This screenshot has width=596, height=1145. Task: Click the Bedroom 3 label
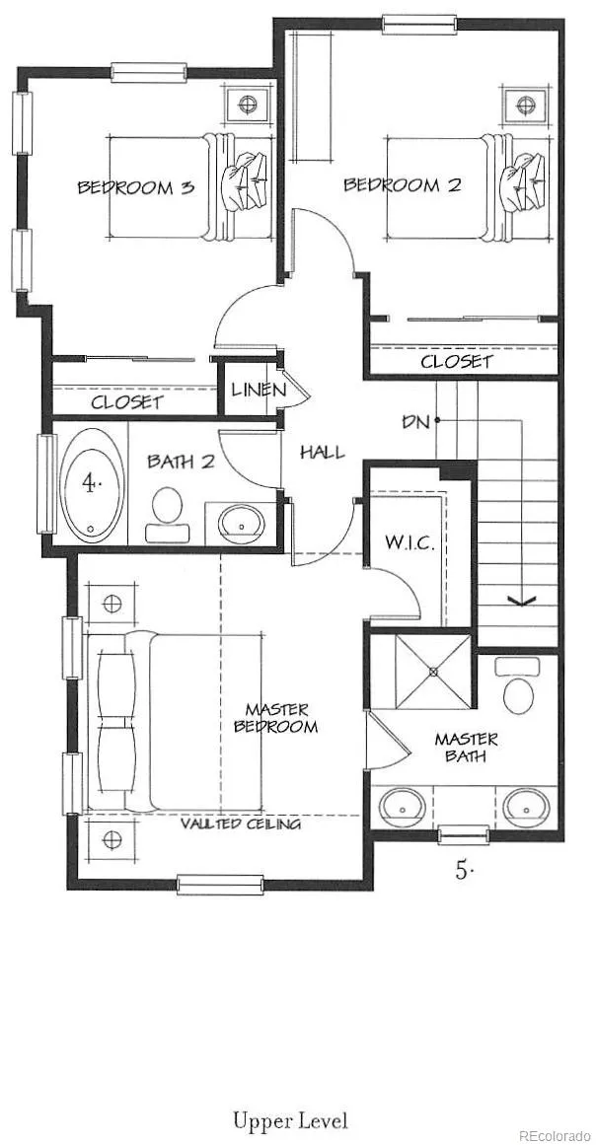[x=136, y=187]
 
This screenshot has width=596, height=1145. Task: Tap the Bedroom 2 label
[x=403, y=184]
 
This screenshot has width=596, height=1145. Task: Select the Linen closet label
[x=259, y=390]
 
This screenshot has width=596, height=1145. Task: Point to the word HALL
[x=322, y=453]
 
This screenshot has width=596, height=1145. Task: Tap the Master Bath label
[x=466, y=747]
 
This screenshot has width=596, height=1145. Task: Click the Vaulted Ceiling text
[x=241, y=823]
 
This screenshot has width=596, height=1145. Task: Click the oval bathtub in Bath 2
[x=92, y=484]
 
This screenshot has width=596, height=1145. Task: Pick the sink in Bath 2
[x=241, y=521]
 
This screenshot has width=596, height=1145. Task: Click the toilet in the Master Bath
[x=518, y=685]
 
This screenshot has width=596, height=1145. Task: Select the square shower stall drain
[x=433, y=671]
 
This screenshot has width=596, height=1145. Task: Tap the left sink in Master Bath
[x=401, y=806]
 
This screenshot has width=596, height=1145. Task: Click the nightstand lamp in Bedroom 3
[x=249, y=105]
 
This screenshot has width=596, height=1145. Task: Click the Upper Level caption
[x=291, y=1120]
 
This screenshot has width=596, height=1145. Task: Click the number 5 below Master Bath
[x=462, y=870]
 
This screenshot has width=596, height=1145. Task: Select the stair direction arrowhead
[x=522, y=601]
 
